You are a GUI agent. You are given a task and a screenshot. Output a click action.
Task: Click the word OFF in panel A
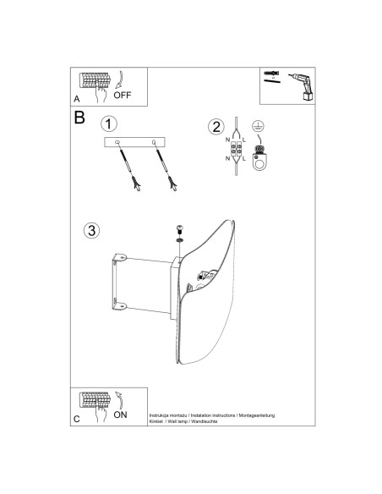pos(123,95)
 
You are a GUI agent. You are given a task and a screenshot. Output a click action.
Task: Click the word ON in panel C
pos(121,414)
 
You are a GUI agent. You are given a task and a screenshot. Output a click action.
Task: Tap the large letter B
pos(79,118)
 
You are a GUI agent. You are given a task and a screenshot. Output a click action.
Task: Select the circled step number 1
pos(109,124)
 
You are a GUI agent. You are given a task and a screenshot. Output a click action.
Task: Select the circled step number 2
pos(216,127)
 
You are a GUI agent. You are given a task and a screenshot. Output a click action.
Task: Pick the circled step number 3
pos(91,230)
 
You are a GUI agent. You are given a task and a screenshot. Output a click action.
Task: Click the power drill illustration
pos(303,86)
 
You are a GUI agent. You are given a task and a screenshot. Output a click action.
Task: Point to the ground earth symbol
pos(258,126)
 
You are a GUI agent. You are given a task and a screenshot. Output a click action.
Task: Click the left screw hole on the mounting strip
pos(117,143)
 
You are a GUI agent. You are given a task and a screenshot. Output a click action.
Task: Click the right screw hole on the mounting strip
pos(154,142)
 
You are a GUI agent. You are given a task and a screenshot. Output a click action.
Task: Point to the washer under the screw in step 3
pos(180,240)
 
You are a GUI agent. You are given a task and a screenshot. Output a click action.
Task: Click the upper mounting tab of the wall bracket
pos(120,258)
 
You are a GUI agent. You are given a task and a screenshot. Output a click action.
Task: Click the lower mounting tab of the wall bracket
pos(120,305)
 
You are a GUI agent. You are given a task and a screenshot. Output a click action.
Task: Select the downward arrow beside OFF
pos(119,80)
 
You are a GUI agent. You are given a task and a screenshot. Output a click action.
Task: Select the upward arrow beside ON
pos(119,400)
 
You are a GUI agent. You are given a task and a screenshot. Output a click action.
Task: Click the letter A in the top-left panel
pos(77,99)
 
